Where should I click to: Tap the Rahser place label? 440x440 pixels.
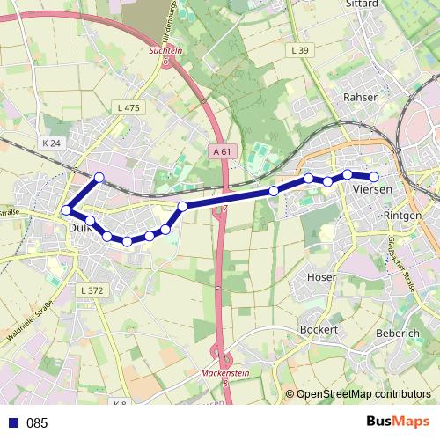pos(361,98)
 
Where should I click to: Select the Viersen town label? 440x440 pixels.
pos(370,189)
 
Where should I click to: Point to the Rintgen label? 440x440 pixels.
pos(403,216)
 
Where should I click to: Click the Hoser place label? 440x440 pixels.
pos(320,276)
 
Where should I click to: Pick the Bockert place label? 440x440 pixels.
pos(319,329)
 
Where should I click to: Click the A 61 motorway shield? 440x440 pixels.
pos(224,151)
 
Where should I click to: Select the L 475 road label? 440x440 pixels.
pos(128,107)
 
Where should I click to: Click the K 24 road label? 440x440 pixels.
pos(51,143)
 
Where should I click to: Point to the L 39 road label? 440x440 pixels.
pos(299,52)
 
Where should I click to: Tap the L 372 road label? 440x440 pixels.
pos(91,290)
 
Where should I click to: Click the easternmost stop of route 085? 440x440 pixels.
pos(374,177)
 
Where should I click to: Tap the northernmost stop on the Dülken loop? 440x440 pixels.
pos(99,178)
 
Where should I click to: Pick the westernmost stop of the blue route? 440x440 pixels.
pos(66,210)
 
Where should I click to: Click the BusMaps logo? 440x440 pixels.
pos(397,422)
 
